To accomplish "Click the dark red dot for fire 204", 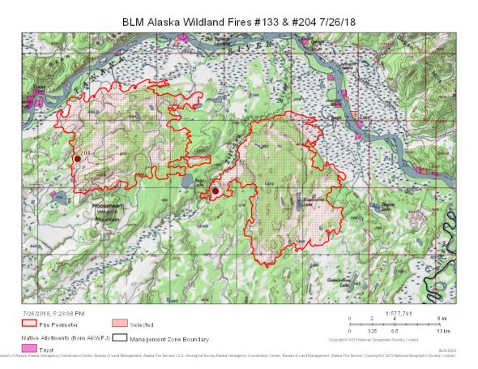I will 77,159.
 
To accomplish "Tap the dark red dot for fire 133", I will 215,191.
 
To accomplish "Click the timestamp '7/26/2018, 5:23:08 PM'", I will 53,312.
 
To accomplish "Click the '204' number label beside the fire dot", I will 85,152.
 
